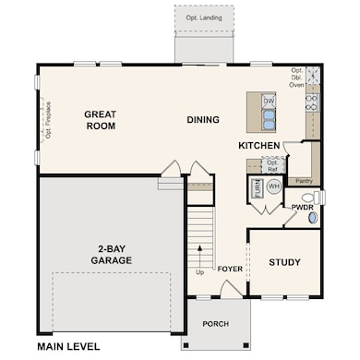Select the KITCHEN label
tap(258, 147)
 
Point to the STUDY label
tap(284, 262)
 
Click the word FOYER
tap(229, 270)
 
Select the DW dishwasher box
tap(269, 101)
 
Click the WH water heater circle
tap(273, 186)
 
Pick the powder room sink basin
tap(312, 219)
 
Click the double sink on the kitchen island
tap(269, 118)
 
